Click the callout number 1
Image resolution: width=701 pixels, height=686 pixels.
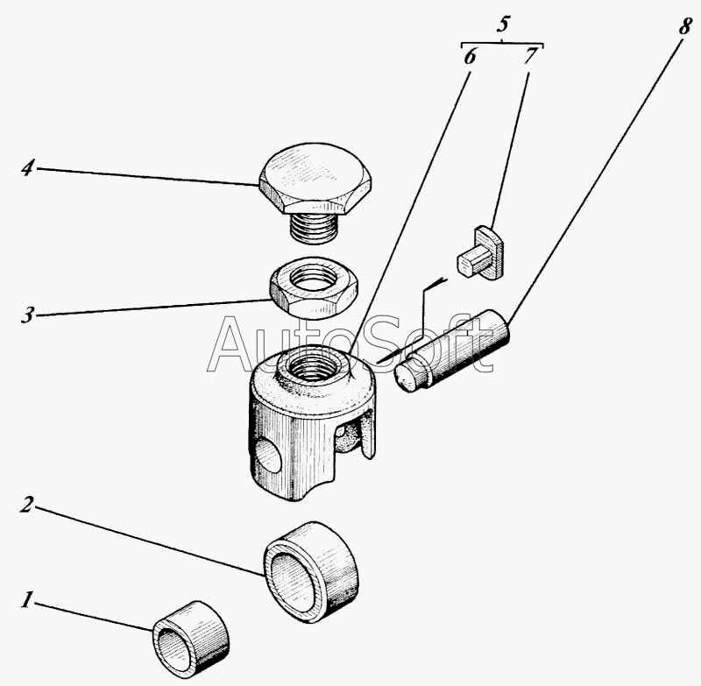[27, 600]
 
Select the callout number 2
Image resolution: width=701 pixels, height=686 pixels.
[27, 506]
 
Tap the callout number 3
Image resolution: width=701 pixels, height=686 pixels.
[27, 314]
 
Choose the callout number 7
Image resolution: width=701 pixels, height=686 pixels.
[529, 56]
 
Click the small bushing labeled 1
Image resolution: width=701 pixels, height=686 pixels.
[191, 637]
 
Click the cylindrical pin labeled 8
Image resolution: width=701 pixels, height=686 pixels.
[451, 350]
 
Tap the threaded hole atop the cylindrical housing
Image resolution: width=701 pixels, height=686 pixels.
[311, 367]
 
